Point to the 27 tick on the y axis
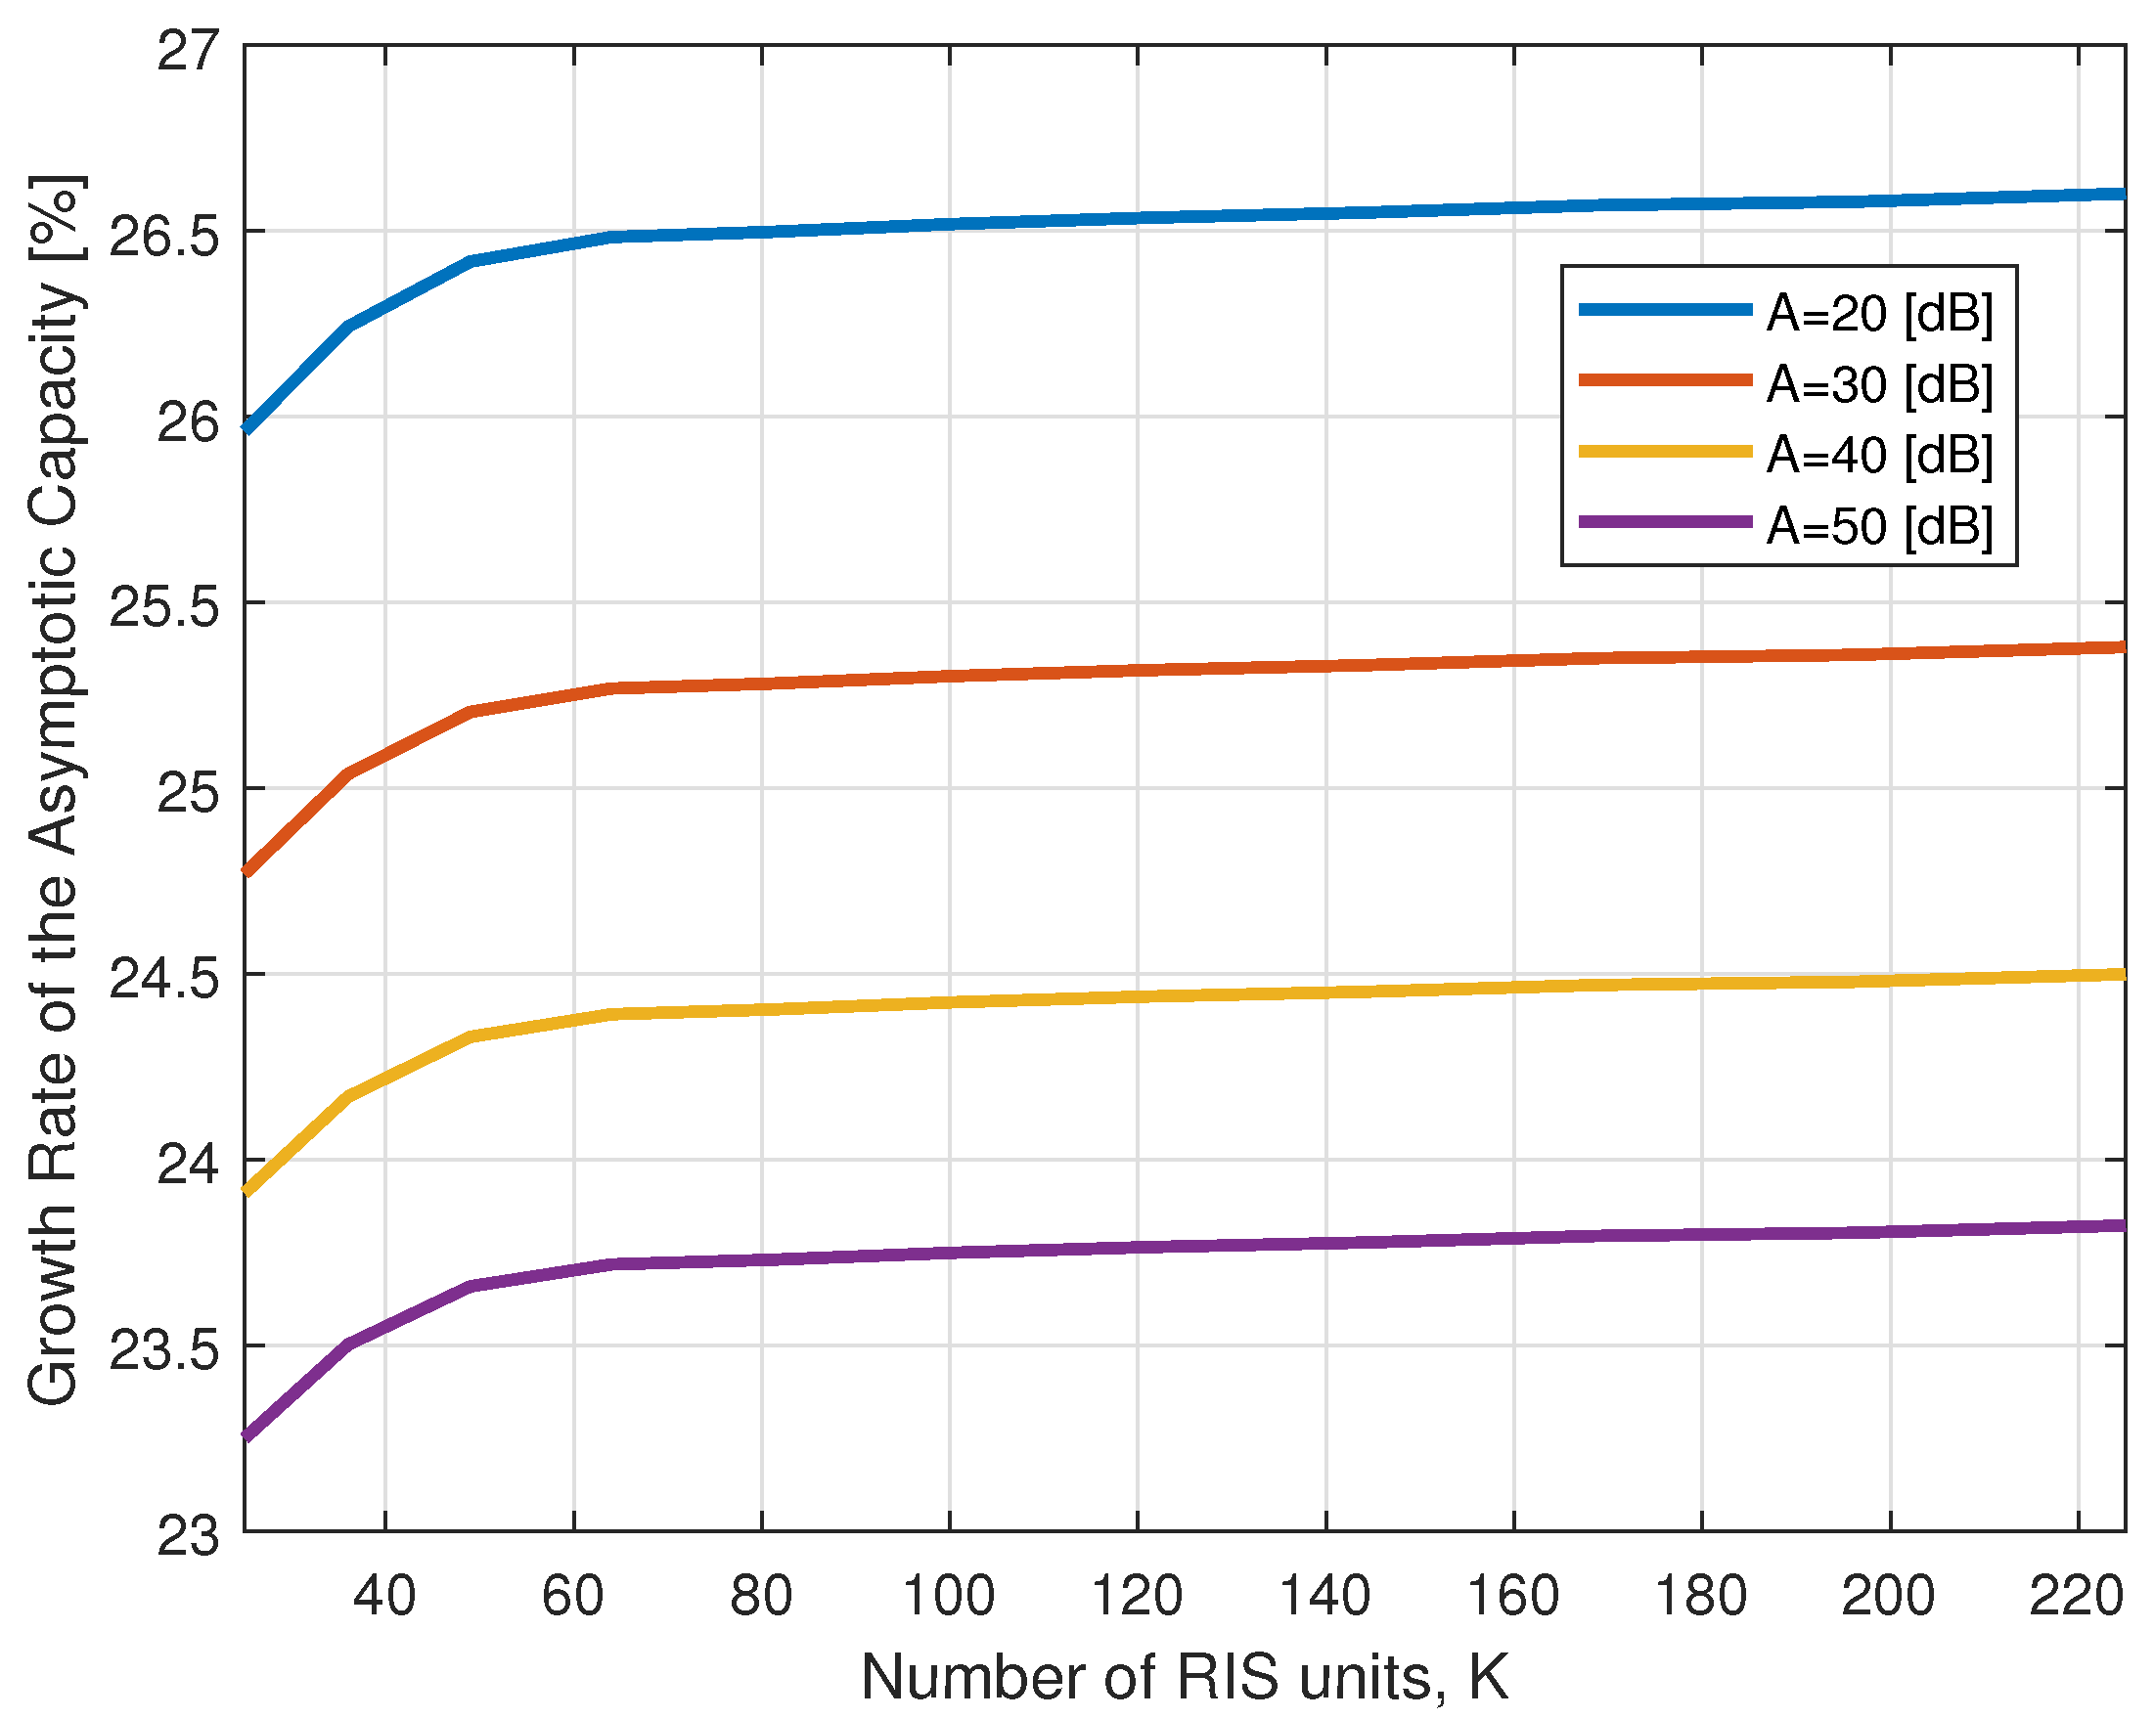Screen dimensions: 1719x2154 (x=188, y=50)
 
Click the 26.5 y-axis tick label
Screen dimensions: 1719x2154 (x=163, y=236)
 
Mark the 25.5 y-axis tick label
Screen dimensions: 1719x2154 (x=163, y=607)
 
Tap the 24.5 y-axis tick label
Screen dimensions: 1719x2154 (x=163, y=979)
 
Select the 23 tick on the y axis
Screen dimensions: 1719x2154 (x=188, y=1536)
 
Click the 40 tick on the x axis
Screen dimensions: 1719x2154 (x=384, y=1595)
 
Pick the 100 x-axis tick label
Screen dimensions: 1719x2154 (x=948, y=1595)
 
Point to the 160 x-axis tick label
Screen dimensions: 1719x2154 (x=1512, y=1595)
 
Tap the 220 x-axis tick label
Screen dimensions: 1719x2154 (x=2077, y=1595)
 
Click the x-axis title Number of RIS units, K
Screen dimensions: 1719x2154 (x=1184, y=1677)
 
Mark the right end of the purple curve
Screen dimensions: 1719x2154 (x=2123, y=1225)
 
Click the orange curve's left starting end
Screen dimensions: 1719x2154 (x=247, y=873)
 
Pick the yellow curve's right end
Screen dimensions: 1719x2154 (x=2123, y=974)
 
